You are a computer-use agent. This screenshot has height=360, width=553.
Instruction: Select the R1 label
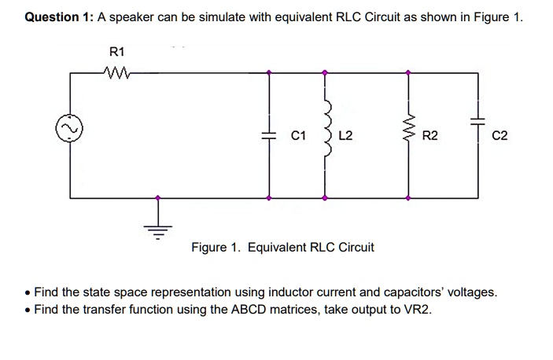(x=116, y=53)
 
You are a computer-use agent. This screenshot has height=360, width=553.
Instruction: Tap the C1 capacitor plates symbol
(x=270, y=135)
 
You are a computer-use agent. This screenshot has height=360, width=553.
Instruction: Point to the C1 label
(x=297, y=135)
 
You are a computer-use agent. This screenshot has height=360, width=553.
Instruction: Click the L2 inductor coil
(x=325, y=134)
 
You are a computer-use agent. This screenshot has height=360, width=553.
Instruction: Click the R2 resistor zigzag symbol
(x=407, y=134)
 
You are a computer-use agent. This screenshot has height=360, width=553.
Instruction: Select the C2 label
(x=500, y=135)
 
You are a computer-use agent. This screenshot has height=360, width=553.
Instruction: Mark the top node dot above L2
(x=325, y=73)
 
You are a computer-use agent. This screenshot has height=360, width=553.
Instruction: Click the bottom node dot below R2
(x=407, y=197)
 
